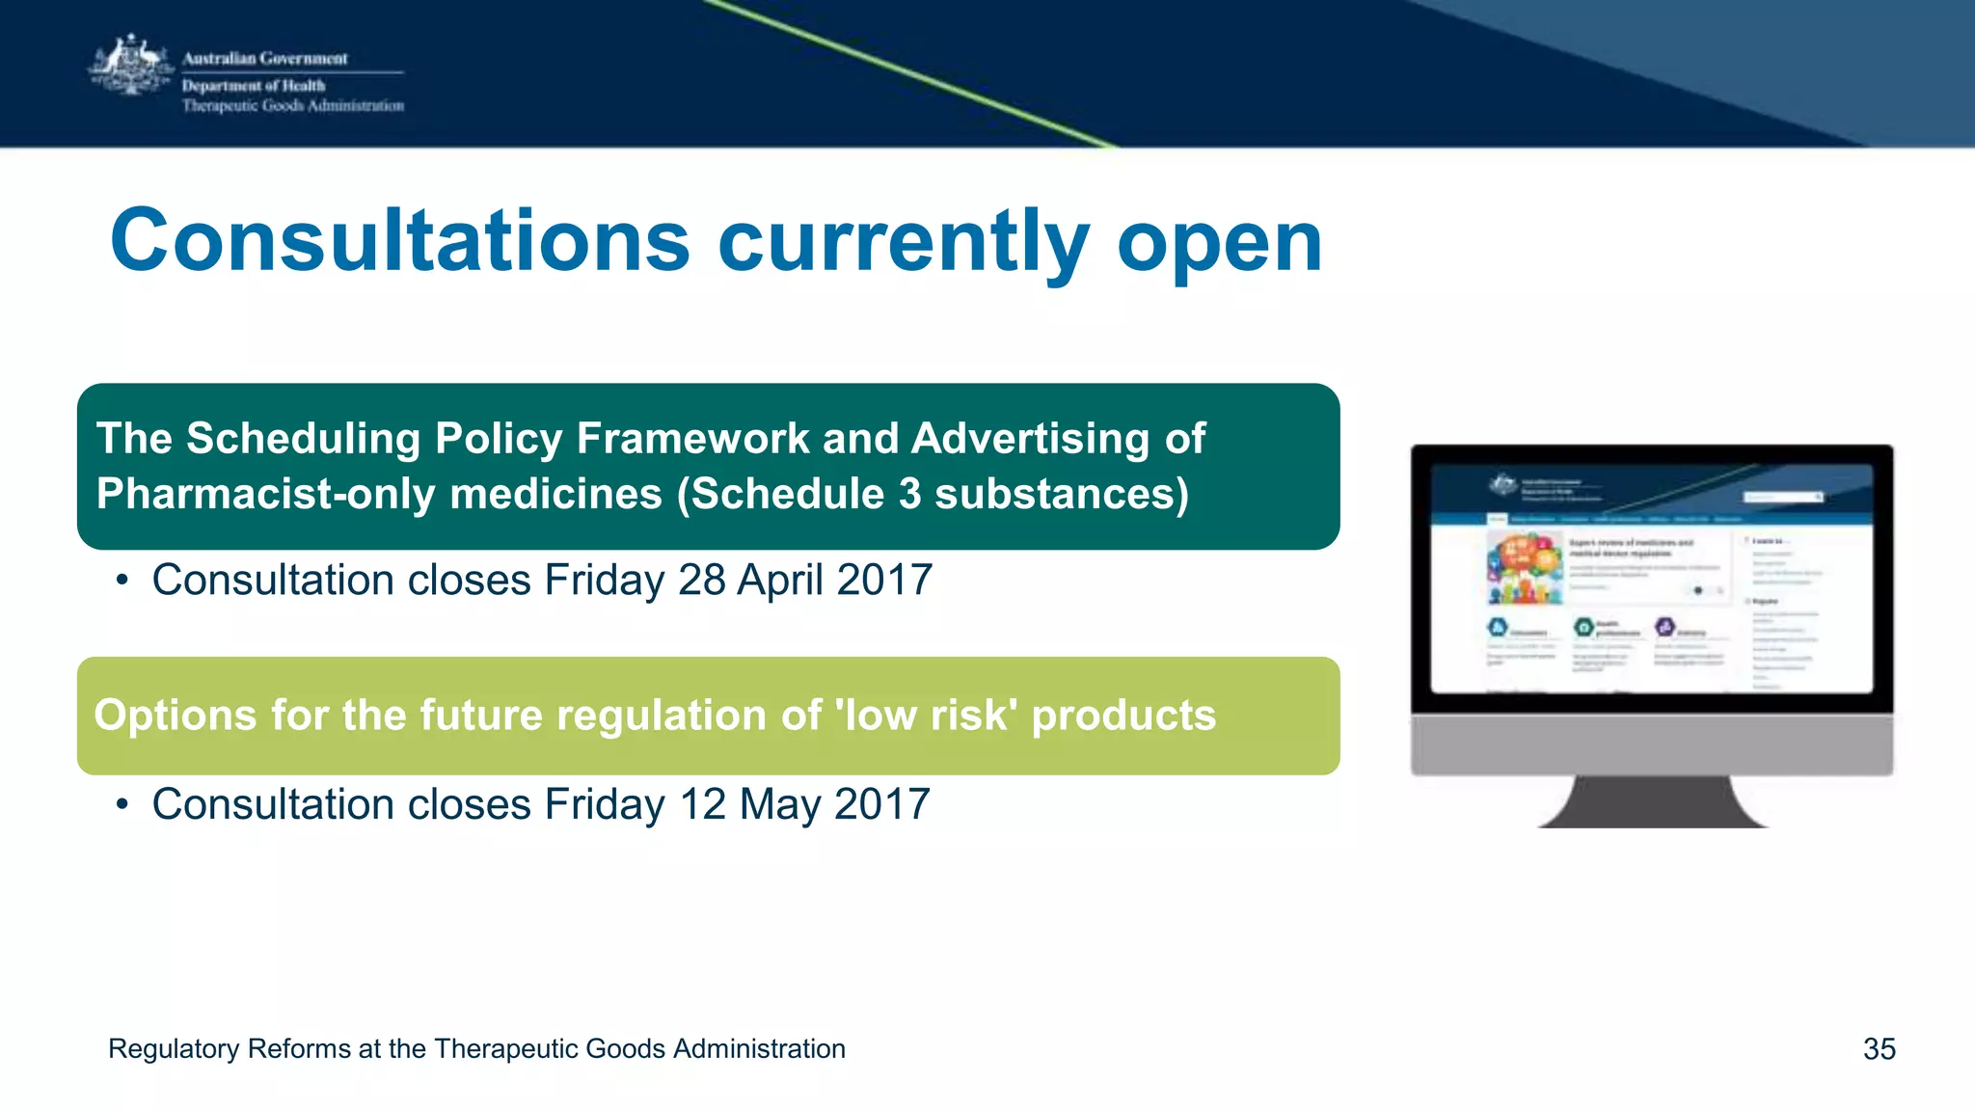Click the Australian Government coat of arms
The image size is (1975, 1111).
pos(131,66)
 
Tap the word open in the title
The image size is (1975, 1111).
pos(1219,243)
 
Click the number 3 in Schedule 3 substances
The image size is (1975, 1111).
pos(909,494)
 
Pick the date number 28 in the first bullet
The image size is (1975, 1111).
pos(701,581)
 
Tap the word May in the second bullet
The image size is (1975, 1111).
pos(780,805)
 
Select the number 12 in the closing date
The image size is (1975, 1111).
pos(702,805)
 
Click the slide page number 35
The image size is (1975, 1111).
pos(1879,1049)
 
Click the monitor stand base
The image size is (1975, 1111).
pos(1652,805)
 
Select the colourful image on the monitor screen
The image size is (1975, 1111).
pos(1525,569)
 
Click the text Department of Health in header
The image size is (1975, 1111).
pos(254,86)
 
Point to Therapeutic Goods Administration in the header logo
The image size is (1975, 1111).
pos(293,106)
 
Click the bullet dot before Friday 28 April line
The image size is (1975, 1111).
pos(122,581)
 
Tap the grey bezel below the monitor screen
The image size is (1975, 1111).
pos(1652,744)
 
